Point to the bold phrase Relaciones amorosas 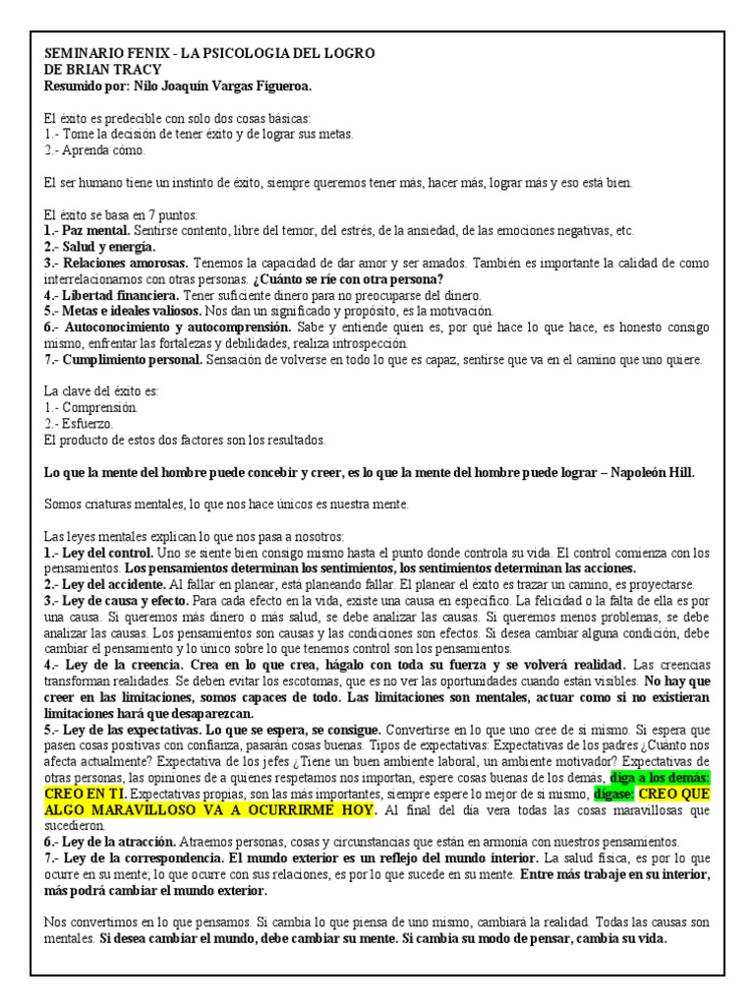127,264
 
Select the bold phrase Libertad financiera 122,295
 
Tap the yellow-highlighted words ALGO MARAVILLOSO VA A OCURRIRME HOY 210,809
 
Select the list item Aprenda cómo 102,150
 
